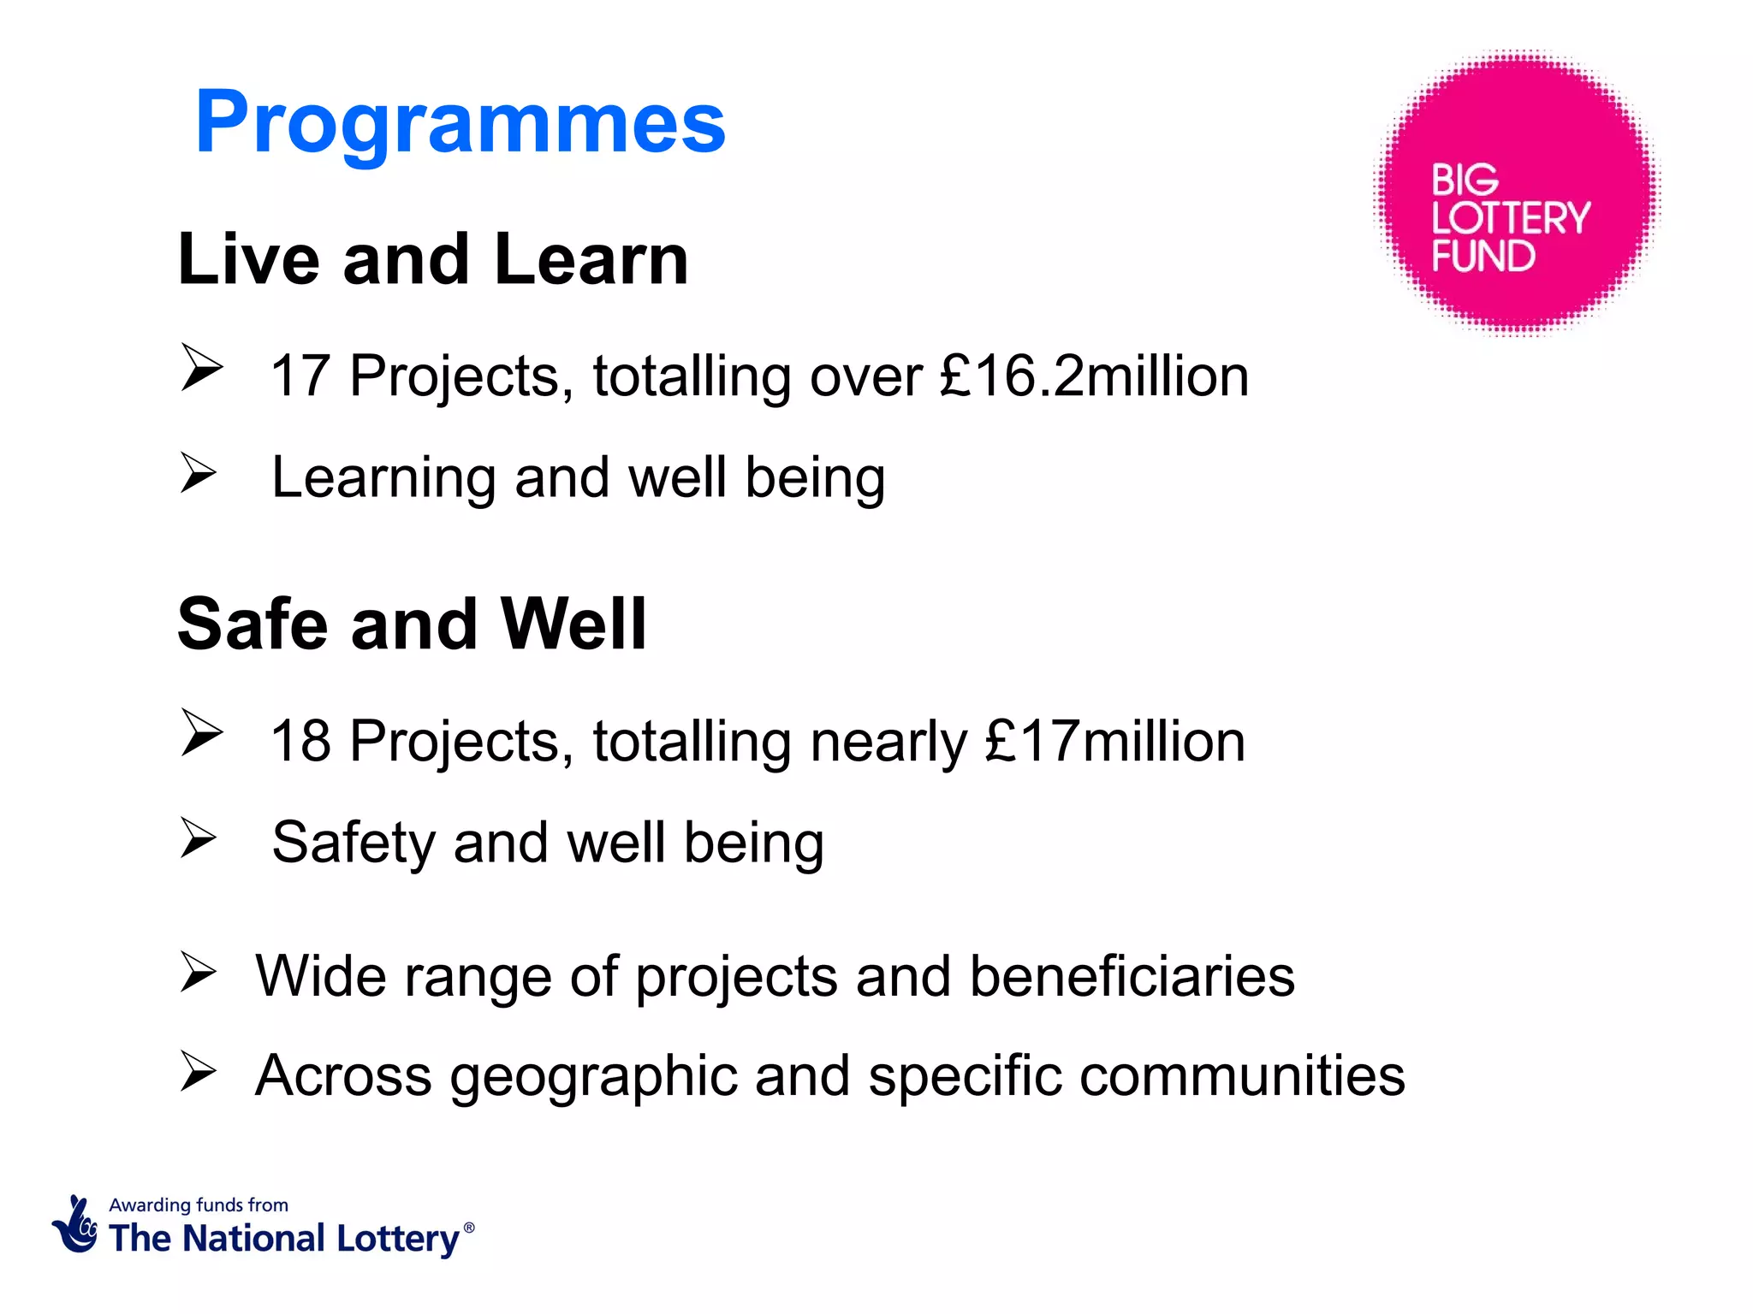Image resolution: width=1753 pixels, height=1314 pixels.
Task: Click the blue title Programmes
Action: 461,122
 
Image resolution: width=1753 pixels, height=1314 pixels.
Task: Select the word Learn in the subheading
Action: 591,259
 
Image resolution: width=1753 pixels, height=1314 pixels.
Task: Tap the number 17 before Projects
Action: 300,376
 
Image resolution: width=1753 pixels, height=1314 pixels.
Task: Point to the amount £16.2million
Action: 1094,376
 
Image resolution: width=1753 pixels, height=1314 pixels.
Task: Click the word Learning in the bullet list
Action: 383,477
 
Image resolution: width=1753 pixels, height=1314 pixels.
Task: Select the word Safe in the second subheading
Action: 253,624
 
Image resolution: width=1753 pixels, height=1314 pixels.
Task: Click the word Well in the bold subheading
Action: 573,624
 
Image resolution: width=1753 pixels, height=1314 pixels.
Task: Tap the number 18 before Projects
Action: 300,741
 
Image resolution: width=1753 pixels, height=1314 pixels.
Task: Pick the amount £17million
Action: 1114,741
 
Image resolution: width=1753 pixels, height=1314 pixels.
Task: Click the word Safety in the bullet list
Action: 353,843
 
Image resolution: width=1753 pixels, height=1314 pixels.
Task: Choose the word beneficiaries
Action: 1132,976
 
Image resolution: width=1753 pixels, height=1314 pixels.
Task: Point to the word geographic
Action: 593,1075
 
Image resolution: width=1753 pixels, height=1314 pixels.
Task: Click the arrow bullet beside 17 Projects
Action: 201,368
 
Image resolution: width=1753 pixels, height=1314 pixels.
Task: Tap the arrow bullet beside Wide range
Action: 199,974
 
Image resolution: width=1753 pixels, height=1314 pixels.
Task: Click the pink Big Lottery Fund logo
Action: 1516,192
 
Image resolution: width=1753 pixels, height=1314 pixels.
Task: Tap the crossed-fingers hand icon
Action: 75,1225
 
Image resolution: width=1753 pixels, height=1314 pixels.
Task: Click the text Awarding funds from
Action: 199,1205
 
